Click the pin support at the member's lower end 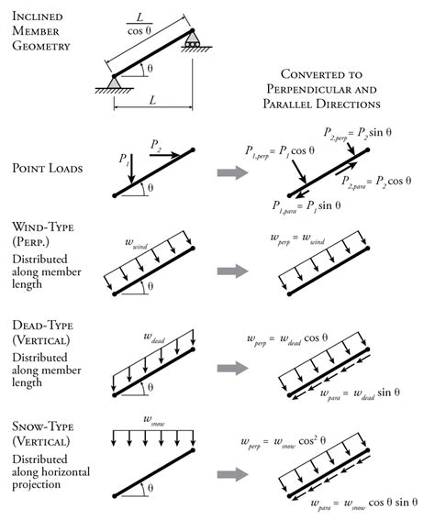click(115, 83)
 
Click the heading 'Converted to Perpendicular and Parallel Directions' click(330, 85)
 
